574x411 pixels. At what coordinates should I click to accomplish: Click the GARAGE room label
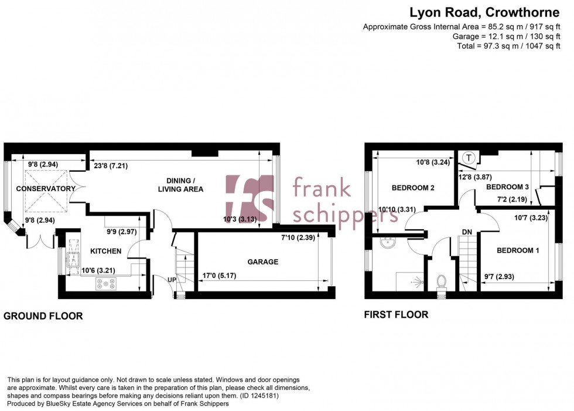pyautogui.click(x=262, y=262)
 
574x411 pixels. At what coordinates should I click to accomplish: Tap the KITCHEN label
pyautogui.click(x=106, y=251)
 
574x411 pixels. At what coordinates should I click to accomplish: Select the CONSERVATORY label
pyautogui.click(x=46, y=189)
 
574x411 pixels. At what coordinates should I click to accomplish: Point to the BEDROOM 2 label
pyautogui.click(x=413, y=188)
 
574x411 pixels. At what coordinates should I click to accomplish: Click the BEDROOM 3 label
pyautogui.click(x=507, y=187)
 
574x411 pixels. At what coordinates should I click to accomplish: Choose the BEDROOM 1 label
pyautogui.click(x=518, y=250)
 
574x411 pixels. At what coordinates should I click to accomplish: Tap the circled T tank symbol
pyautogui.click(x=469, y=158)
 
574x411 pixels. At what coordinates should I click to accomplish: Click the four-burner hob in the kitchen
pyautogui.click(x=106, y=283)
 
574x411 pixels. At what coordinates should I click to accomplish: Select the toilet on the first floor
pyautogui.click(x=441, y=284)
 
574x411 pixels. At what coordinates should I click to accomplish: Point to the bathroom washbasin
pyautogui.click(x=387, y=242)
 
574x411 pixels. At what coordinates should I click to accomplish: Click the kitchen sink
pyautogui.click(x=73, y=256)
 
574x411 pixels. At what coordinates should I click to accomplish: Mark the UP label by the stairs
pyautogui.click(x=172, y=280)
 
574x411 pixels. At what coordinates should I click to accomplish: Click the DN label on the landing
pyautogui.click(x=467, y=232)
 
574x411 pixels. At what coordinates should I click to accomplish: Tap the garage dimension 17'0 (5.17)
pyautogui.click(x=220, y=276)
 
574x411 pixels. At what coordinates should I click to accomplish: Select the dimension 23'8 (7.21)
pyautogui.click(x=111, y=166)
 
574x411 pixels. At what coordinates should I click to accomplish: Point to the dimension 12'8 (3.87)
pyautogui.click(x=475, y=177)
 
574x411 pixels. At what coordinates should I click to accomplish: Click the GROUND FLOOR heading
pyautogui.click(x=43, y=316)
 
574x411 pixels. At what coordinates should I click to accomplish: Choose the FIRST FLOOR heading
pyautogui.click(x=396, y=315)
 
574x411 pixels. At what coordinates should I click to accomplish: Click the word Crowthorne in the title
pyautogui.click(x=522, y=12)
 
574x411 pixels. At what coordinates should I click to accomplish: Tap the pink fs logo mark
pyautogui.click(x=250, y=198)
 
